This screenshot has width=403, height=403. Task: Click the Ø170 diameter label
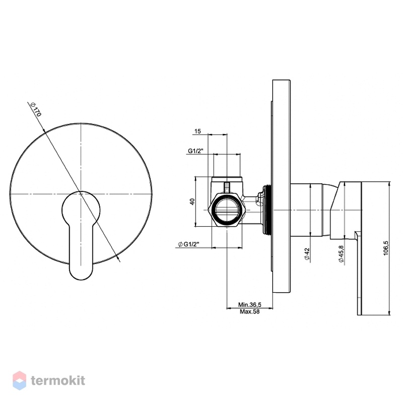(x=36, y=109)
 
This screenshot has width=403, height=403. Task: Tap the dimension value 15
(x=197, y=131)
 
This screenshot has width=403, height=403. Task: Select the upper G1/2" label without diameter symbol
(x=195, y=151)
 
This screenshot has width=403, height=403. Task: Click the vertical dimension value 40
(x=192, y=201)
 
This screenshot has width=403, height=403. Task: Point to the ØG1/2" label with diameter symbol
(x=189, y=244)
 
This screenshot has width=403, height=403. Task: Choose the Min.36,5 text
(x=249, y=305)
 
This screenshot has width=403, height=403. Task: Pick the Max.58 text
(x=249, y=311)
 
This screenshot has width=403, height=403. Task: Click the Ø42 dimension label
(x=307, y=254)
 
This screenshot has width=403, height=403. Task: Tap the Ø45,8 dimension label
(x=341, y=254)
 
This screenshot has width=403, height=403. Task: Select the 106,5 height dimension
(x=386, y=248)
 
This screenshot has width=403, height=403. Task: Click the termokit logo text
(x=58, y=380)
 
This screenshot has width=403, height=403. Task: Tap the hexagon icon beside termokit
(x=19, y=380)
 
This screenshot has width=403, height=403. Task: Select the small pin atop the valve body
(x=227, y=187)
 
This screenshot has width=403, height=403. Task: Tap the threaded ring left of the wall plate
(x=266, y=210)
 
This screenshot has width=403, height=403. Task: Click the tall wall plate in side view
(x=282, y=186)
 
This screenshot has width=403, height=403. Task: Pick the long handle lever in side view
(x=359, y=273)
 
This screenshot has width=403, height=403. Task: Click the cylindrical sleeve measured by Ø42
(x=306, y=210)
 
